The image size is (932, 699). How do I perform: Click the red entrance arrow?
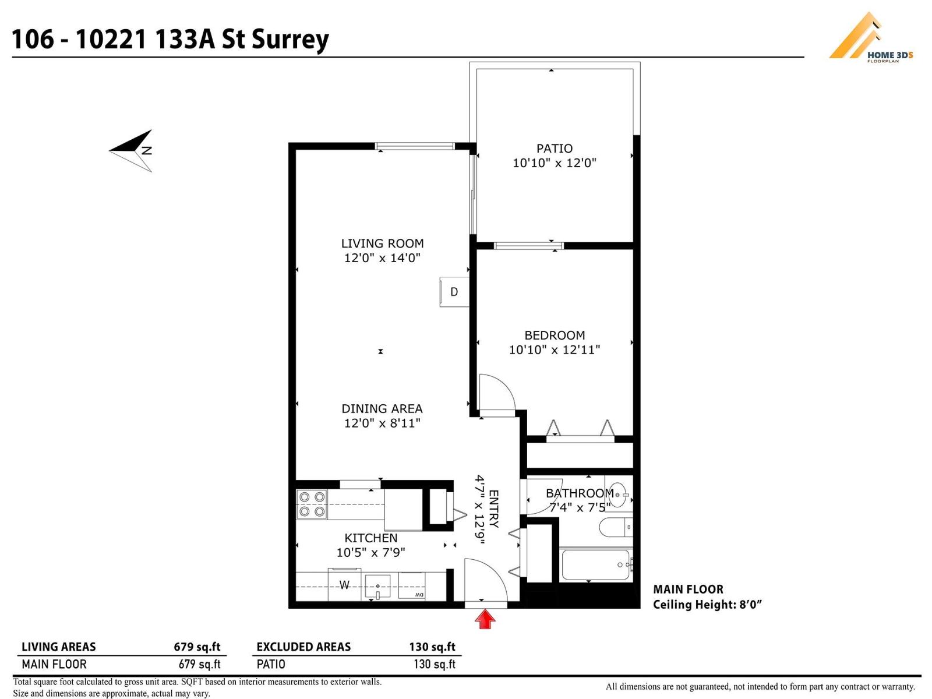pos(485,619)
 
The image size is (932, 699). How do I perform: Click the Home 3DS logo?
pos(870,38)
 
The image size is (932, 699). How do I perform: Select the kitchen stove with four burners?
pos(312,504)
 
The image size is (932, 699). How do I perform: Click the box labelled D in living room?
pos(454,292)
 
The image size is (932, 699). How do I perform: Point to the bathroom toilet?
pos(615,528)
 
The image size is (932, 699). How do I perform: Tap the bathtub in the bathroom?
pos(595,564)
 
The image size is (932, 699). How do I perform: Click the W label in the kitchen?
pos(344,585)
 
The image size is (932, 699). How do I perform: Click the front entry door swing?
pos(483,580)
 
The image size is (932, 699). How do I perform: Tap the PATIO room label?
pos(554,149)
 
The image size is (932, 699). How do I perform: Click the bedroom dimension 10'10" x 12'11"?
pos(554,349)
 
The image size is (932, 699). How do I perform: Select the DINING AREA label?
pos(382,409)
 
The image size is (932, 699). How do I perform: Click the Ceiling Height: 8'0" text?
pos(707,605)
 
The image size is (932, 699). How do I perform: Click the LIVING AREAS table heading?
pos(58,647)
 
